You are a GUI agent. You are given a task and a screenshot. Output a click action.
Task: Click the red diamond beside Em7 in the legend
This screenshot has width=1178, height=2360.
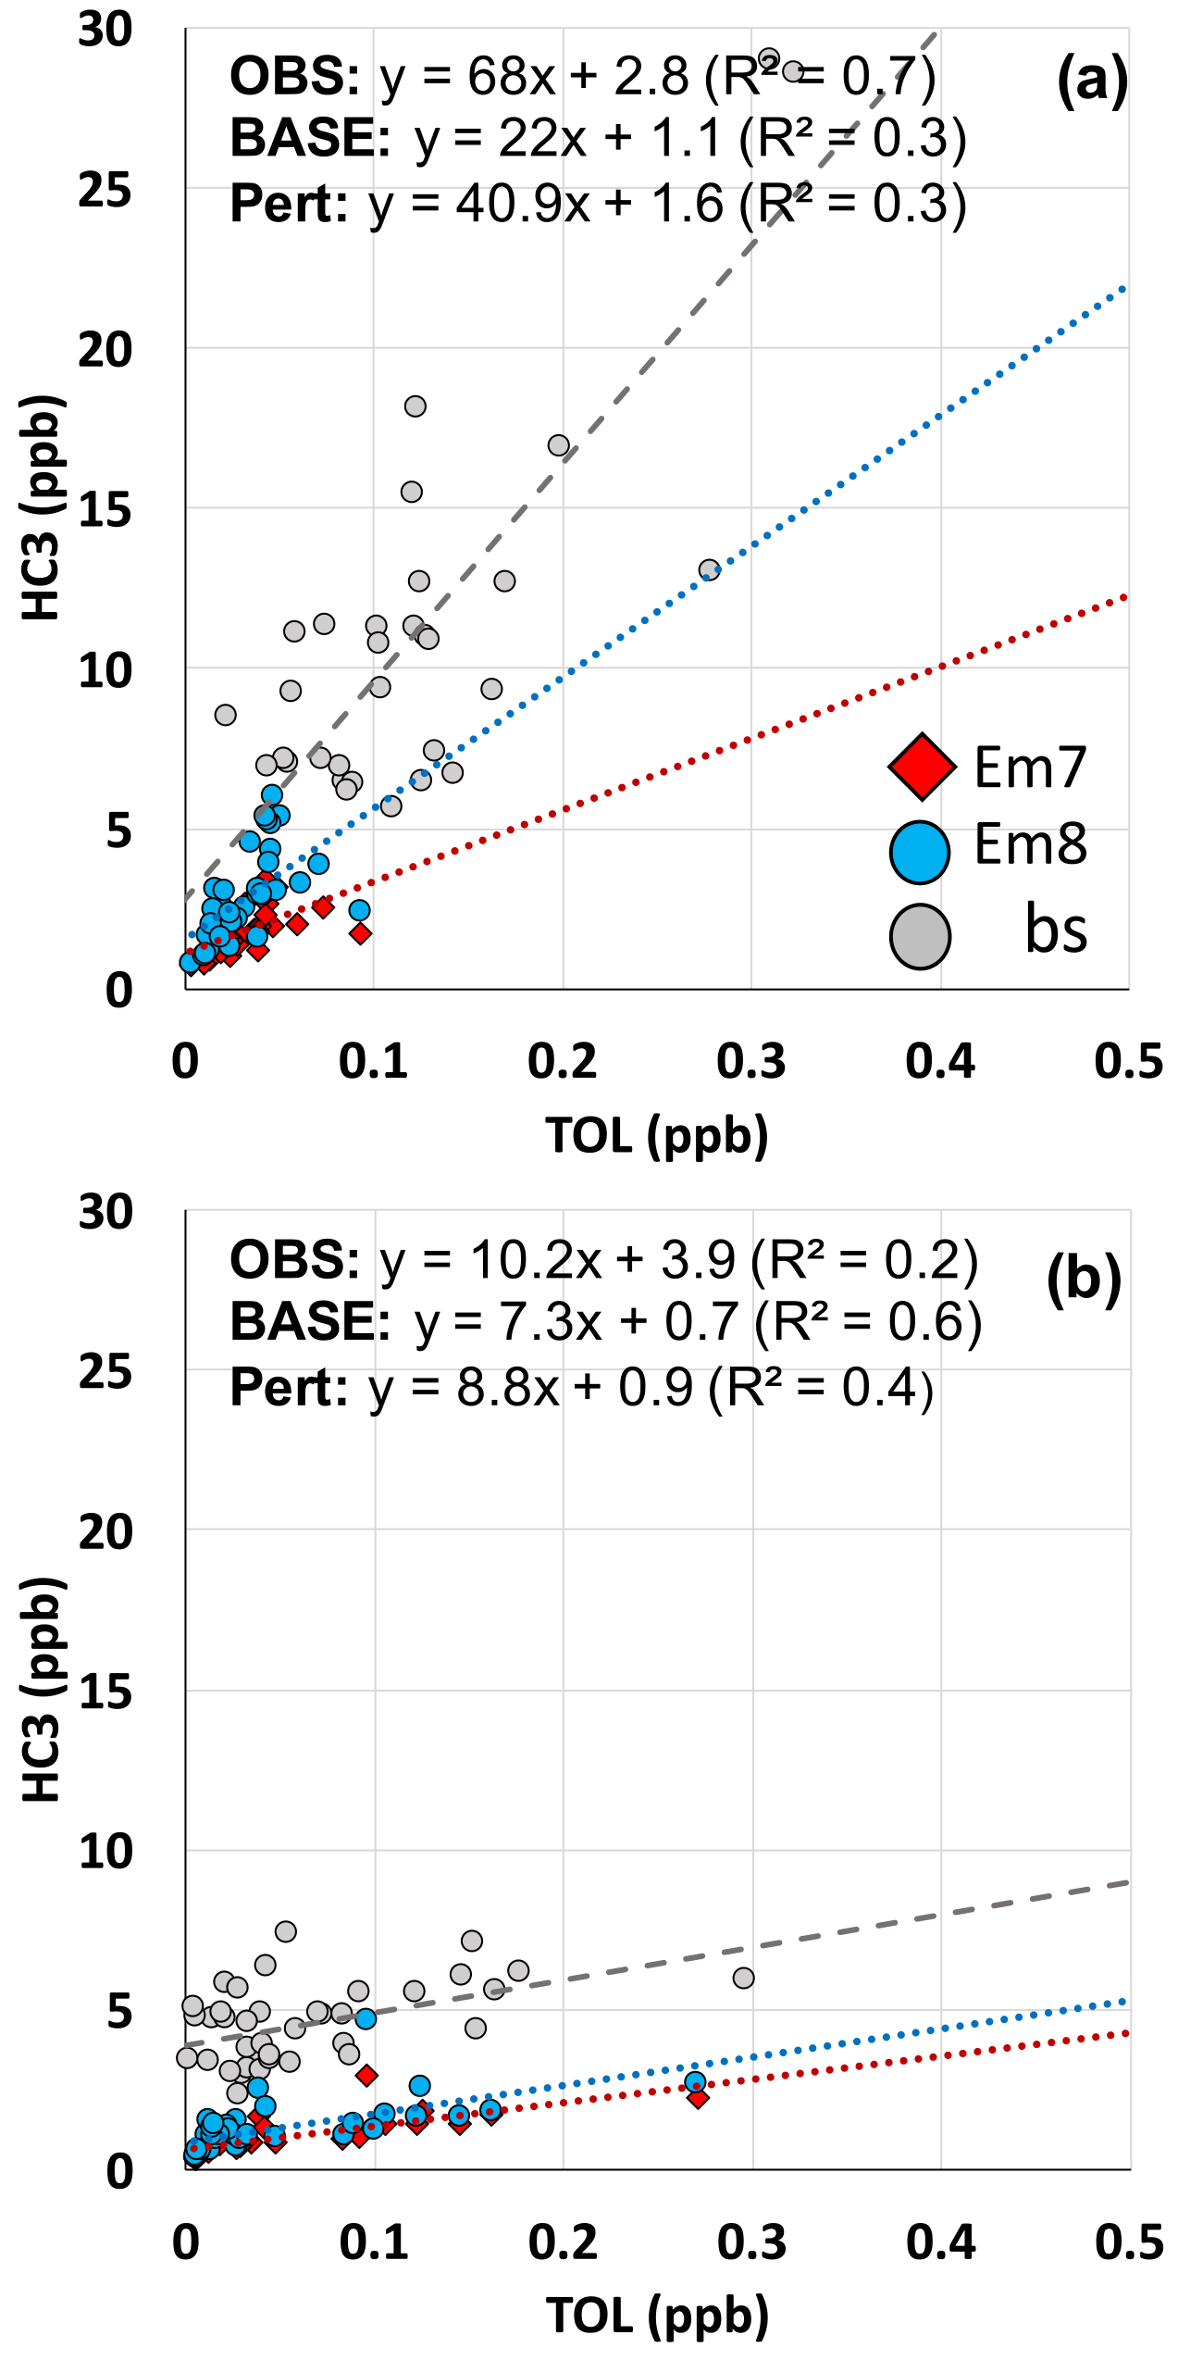pos(921,767)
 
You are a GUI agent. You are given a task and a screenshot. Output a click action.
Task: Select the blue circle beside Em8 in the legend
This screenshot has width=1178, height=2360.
pos(919,851)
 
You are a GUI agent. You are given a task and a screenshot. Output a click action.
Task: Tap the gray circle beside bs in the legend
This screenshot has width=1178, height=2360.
pos(919,936)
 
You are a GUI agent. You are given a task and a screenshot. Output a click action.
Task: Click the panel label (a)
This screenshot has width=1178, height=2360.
pos(1092,80)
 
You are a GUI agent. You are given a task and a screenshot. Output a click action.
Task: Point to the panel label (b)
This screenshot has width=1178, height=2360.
pos(1083,1280)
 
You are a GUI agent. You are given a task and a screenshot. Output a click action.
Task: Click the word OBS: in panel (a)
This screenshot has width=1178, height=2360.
pos(294,76)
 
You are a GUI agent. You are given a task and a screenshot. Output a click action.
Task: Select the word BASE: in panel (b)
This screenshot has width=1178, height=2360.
pos(310,1321)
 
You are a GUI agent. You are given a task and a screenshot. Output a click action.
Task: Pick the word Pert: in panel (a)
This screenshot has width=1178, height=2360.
pos(289,204)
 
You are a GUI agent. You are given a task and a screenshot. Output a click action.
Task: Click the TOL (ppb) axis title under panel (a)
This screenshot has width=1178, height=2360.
pos(656,1135)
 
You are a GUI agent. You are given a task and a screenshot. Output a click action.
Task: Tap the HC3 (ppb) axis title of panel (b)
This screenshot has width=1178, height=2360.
pos(43,1689)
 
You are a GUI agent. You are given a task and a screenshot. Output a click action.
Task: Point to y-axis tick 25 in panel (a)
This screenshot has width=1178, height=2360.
pos(105,191)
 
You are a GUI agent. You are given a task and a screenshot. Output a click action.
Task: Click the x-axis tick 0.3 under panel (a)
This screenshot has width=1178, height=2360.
pos(750,1061)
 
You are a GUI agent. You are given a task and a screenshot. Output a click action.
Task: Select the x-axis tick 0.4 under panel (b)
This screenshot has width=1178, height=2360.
pos(940,2242)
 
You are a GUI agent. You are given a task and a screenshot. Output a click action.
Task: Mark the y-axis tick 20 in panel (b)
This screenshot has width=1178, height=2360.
pos(105,1532)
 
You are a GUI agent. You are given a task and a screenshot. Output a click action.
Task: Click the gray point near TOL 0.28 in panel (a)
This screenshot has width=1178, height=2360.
pos(709,569)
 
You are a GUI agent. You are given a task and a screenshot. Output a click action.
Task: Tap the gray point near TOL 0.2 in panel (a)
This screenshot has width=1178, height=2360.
pos(558,445)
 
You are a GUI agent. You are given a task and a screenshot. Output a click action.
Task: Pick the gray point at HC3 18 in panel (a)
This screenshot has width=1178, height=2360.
pos(415,406)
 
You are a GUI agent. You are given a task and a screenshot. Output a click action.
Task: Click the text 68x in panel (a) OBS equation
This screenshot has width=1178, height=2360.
pos(511,76)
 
